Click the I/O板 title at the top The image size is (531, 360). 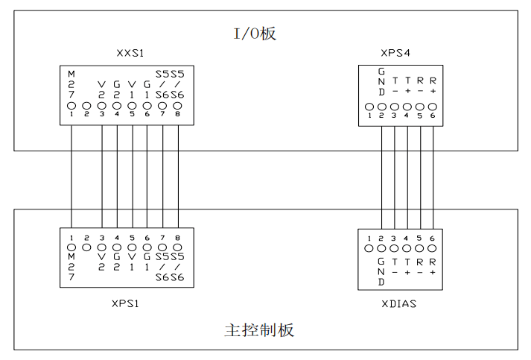255,33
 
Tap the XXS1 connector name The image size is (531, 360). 130,54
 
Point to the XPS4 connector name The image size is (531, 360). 395,54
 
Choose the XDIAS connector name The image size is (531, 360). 400,305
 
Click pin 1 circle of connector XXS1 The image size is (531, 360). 71,107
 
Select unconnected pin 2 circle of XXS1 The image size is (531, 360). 86,107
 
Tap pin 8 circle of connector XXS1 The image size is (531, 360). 178,107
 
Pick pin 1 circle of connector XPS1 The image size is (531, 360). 71,247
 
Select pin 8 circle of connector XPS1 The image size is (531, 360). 178,247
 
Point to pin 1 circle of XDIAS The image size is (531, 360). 369,247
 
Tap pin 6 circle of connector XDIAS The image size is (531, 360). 433,247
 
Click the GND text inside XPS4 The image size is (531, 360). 382,82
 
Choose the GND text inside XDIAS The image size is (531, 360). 382,272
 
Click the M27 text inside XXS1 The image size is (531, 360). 71,85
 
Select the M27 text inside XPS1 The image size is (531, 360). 71,267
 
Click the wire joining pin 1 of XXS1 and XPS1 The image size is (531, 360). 71,179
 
